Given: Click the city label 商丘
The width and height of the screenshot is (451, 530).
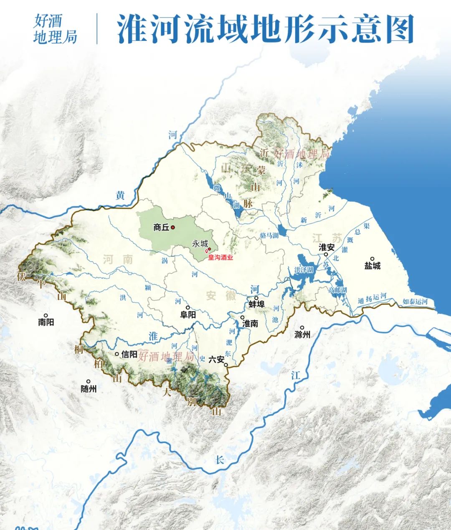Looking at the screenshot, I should coord(161,228).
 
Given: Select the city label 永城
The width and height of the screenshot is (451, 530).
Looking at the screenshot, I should coord(200,244).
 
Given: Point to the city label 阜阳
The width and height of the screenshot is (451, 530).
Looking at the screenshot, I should coord(188,314).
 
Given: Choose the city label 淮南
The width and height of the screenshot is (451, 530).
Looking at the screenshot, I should coord(250,323).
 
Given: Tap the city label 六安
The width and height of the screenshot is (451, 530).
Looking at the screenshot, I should coord(216,359).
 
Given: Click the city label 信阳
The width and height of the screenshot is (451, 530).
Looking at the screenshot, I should coord(129,354).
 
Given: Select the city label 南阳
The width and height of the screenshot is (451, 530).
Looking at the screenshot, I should coord(46,322).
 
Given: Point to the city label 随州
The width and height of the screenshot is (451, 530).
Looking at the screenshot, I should coord(89,388).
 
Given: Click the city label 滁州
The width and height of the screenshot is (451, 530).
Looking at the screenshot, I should coord(302,335).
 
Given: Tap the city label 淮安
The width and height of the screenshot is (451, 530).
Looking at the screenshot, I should coord(327,247).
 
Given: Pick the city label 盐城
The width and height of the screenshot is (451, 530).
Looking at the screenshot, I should coord(372,266).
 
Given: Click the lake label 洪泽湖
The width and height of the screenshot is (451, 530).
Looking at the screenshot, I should coord(304,270).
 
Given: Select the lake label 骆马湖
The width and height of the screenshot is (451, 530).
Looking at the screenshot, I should coord(269,236).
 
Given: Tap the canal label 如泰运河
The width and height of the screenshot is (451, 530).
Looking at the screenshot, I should coord(415,302).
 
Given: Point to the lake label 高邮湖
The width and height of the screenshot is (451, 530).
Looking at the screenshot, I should coord(337,290).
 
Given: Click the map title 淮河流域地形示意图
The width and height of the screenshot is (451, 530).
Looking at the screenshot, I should coord(265,29).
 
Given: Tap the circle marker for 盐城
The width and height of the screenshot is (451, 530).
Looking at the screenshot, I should coord(372,259).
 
